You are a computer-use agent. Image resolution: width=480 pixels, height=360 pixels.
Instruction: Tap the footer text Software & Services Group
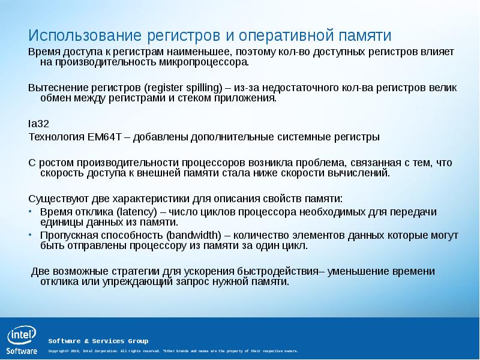click(98, 341)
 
